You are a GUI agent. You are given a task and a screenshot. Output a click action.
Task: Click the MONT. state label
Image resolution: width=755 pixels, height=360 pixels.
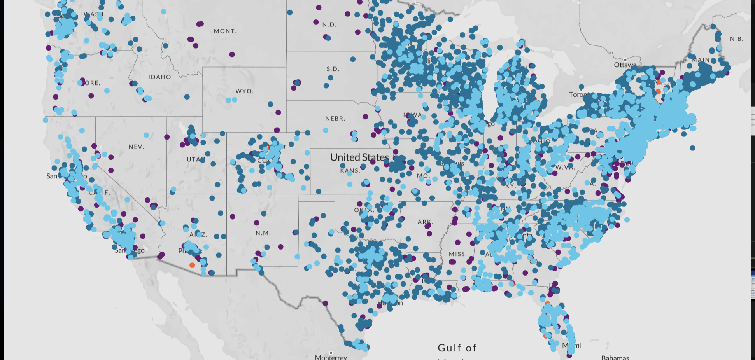(225, 31)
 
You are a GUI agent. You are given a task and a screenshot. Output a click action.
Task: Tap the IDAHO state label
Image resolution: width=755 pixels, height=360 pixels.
(159, 77)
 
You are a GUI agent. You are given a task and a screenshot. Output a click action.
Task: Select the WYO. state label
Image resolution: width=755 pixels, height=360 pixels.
(244, 91)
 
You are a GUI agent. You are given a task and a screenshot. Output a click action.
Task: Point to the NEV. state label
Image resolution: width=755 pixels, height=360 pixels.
(136, 147)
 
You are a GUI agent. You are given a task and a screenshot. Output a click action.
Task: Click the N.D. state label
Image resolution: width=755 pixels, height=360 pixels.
(329, 24)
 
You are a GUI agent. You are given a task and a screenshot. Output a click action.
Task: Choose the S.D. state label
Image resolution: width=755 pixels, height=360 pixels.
(333, 69)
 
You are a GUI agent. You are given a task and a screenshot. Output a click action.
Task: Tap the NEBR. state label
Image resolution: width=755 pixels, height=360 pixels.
(335, 118)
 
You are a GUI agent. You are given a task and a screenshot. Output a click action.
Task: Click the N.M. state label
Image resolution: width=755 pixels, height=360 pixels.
(263, 233)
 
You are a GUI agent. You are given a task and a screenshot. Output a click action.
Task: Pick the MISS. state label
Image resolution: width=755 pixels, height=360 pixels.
(457, 254)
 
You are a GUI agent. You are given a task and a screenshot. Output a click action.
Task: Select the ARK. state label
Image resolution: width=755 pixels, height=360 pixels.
(424, 222)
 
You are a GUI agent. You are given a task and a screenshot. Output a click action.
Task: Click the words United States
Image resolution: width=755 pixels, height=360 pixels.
(359, 157)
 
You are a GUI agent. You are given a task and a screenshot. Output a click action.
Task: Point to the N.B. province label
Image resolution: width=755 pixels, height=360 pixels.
(736, 39)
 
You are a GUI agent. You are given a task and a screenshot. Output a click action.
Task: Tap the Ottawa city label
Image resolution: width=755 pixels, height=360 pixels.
(625, 65)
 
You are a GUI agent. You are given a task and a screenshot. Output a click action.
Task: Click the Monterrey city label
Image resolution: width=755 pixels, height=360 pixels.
(331, 357)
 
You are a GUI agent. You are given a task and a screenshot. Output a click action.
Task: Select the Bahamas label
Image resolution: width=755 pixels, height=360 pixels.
(615, 357)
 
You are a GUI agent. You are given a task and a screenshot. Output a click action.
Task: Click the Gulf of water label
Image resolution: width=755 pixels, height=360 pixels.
(457, 348)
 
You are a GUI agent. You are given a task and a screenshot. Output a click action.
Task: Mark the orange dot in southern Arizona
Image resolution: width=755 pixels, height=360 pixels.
(192, 265)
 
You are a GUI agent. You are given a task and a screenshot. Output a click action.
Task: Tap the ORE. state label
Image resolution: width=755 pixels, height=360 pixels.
(93, 83)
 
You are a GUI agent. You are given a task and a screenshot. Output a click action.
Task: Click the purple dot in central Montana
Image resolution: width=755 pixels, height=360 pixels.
(232, 54)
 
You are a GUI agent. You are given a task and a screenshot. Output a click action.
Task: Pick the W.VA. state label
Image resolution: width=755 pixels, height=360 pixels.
(565, 167)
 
